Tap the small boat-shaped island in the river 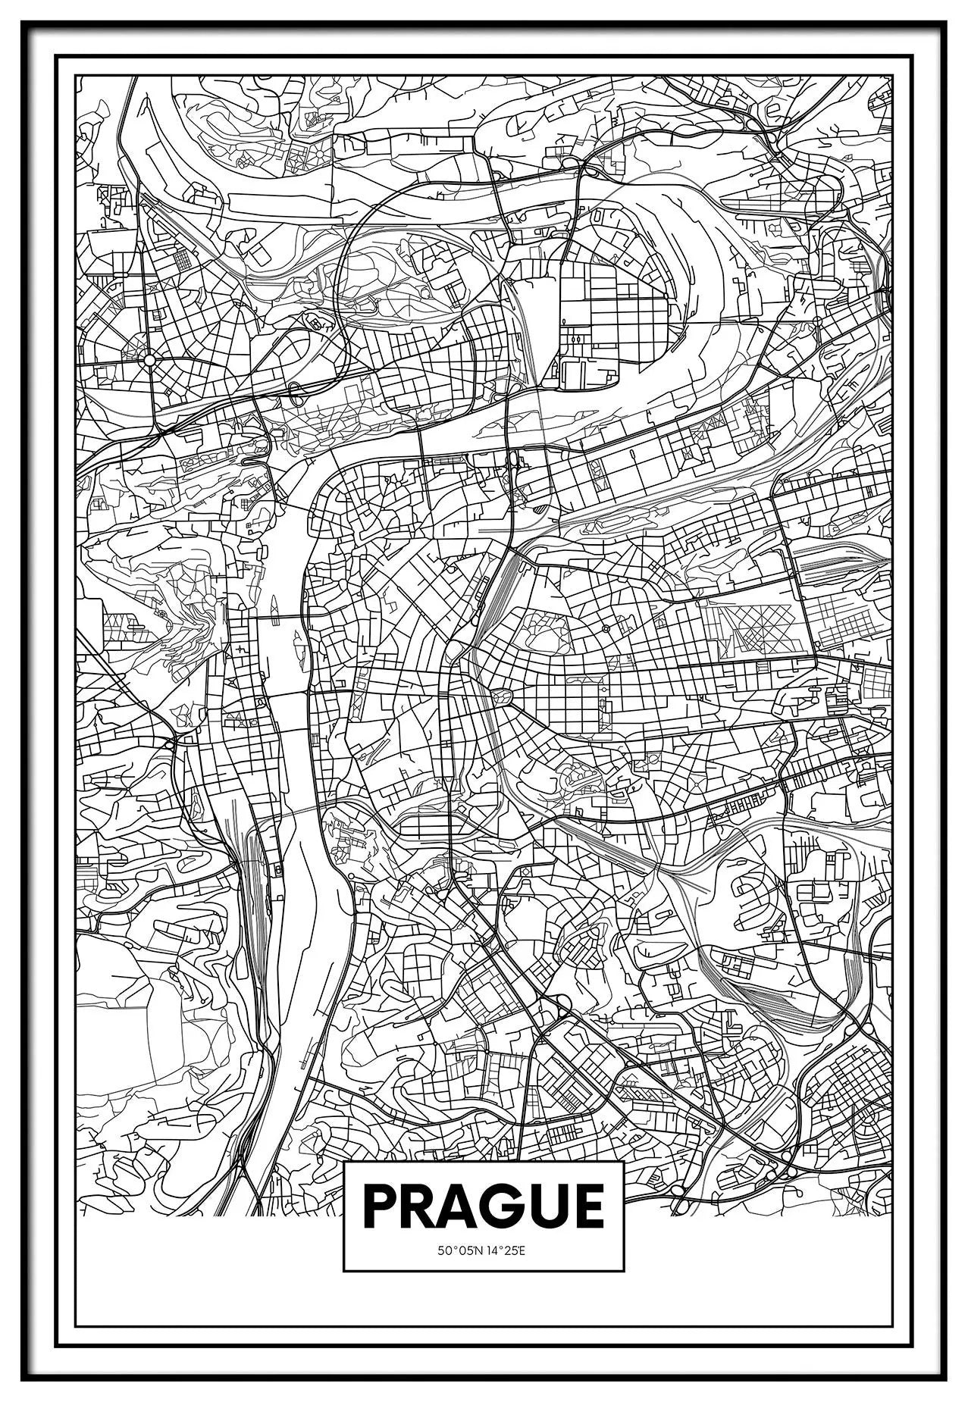(274, 604)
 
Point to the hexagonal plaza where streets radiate (500, 696)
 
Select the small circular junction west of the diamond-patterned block (606, 628)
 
